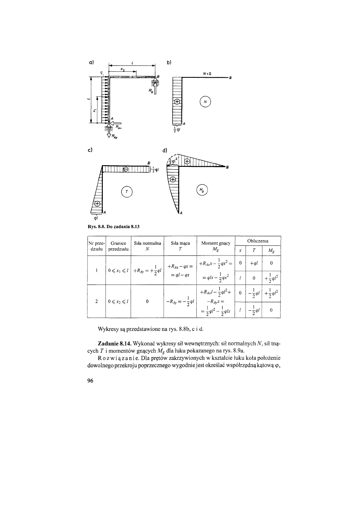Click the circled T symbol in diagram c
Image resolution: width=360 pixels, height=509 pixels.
127,192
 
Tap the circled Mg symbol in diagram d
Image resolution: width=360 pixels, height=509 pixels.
202,189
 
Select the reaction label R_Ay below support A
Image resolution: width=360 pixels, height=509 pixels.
117,136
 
